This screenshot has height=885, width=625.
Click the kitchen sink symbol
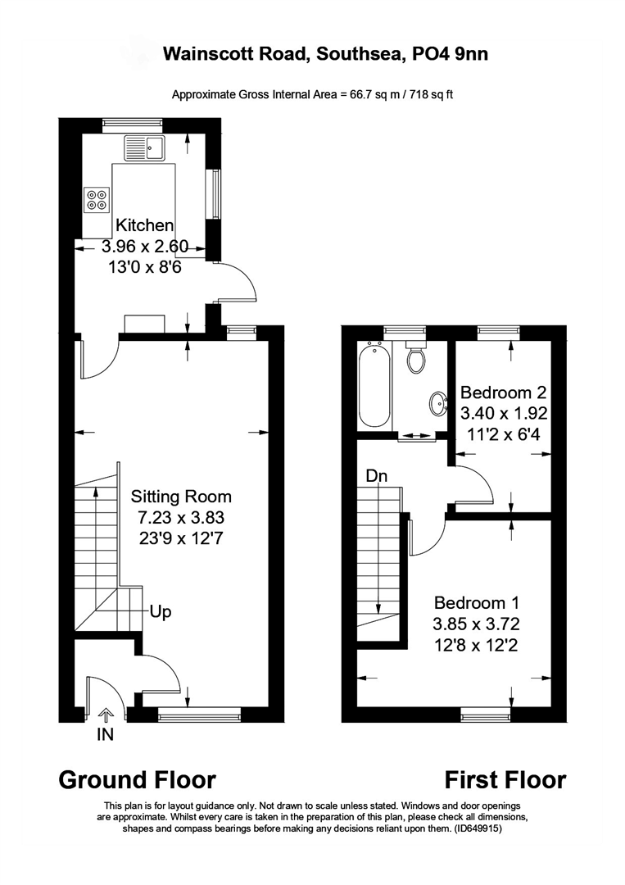pos(145,148)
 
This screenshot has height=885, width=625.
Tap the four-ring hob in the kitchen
pos(97,200)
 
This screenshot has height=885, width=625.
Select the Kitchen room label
pos(144,225)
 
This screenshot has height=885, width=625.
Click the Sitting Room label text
pos(181,497)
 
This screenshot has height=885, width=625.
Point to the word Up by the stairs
pos(160,612)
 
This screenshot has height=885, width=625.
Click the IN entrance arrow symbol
pos(105,715)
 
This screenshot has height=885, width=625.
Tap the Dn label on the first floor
pos(377,475)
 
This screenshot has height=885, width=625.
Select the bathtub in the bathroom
pos(374,385)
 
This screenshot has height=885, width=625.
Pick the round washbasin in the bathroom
pos(438,402)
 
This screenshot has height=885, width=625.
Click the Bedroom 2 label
pos(504,392)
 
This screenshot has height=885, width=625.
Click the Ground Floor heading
pos(137,779)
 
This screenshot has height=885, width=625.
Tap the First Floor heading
pos(505,779)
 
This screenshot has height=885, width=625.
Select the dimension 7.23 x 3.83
pos(181,518)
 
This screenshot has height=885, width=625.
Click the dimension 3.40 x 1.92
pos(504,413)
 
